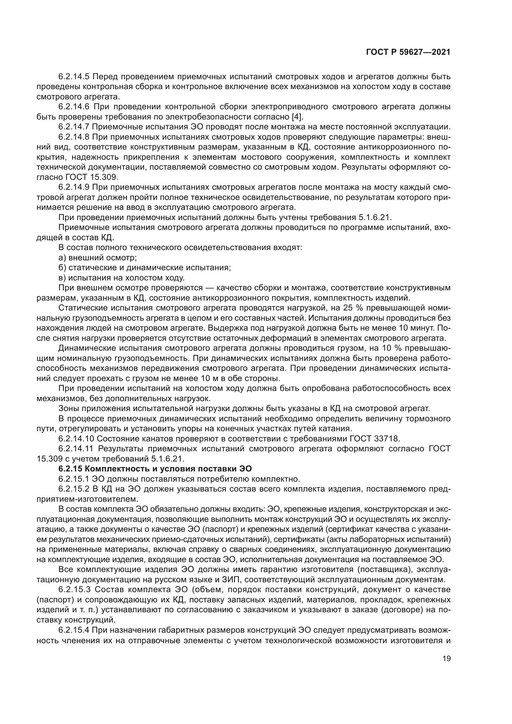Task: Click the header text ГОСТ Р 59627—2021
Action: [x=408, y=52]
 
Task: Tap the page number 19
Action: [x=446, y=659]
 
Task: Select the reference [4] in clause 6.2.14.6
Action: [x=297, y=117]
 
